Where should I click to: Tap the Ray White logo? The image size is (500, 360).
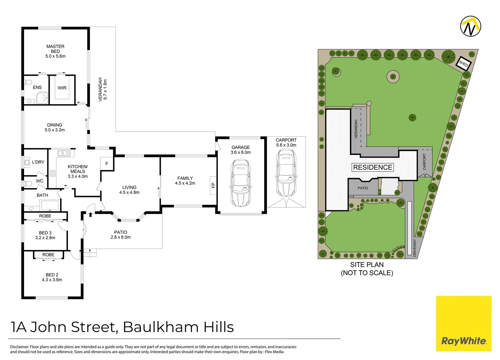coord(464,323)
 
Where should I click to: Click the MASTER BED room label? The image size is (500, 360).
coord(55,49)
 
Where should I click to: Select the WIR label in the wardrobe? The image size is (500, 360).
coord(62,88)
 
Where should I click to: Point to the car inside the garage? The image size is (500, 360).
coord(240,183)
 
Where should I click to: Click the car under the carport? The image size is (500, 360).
coord(286,173)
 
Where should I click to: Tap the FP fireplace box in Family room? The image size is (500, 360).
coord(213,185)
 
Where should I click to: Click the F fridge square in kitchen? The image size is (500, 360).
coord(107,164)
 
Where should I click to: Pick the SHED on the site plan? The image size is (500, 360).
coord(463,64)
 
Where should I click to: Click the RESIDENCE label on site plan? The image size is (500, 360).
coord(373,167)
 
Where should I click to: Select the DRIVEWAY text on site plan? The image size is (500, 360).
coord(415,248)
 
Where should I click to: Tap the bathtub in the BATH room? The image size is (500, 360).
coord(50,205)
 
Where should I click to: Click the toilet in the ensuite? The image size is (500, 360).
coord(28,83)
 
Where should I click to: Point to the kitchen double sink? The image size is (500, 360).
coord(64,153)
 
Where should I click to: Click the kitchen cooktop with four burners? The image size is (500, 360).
coord(52,173)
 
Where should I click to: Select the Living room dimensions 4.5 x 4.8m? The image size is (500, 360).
coord(129,192)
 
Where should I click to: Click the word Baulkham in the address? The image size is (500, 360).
coord(161,327)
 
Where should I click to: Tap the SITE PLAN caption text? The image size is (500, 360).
coord(367,265)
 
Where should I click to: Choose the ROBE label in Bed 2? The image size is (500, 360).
coord(48,255)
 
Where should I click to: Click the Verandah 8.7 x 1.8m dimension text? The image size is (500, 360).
coord(105,89)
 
